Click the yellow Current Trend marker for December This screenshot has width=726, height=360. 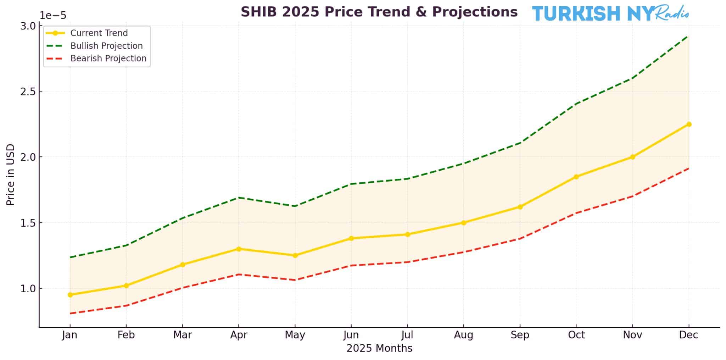[x=689, y=124]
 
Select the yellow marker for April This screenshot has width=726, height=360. [x=239, y=249]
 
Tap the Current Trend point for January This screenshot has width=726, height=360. [x=70, y=295]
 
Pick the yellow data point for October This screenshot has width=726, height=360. [x=576, y=177]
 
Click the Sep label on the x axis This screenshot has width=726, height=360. [x=520, y=335]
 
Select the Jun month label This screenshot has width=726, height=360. [x=351, y=335]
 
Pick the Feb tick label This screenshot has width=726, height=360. [x=126, y=335]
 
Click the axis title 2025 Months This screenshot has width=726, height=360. [x=379, y=349]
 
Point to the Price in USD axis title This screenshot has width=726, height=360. [x=11, y=175]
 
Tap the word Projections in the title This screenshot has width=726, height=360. [x=475, y=12]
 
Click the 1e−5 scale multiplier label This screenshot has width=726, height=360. [x=52, y=16]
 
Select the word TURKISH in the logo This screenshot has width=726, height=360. [x=576, y=13]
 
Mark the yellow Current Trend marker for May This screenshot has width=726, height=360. [x=295, y=255]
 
